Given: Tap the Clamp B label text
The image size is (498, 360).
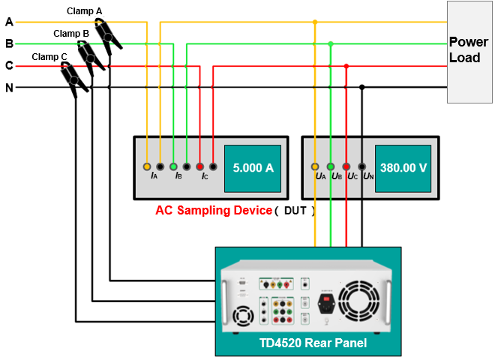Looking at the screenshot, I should click(71, 34).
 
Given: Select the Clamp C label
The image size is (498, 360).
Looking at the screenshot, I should click(49, 57).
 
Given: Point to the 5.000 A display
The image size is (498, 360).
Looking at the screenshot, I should click(253, 168).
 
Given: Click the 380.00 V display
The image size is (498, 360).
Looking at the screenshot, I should click(403, 168).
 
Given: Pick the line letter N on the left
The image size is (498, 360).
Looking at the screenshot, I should click(9, 88).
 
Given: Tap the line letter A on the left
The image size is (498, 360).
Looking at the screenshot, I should click(9, 22).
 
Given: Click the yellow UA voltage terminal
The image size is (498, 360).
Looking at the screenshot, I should click(315, 166).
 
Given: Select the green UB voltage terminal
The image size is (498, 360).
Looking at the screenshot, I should click(331, 166).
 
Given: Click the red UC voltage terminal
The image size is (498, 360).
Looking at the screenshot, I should click(346, 166).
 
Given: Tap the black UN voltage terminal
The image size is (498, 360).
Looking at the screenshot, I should click(362, 166).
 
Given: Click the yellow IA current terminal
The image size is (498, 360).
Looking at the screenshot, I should click(147, 166).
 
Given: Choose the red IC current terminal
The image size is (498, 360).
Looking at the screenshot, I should click(199, 166).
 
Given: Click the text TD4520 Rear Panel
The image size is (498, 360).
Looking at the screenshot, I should click(307, 343).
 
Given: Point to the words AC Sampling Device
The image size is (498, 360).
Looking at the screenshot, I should click(213, 211).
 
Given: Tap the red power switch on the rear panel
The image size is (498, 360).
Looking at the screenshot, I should click(325, 304).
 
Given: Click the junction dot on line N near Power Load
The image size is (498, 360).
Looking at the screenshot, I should click(362, 88).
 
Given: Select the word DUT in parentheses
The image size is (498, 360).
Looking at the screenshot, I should click(295, 211).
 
